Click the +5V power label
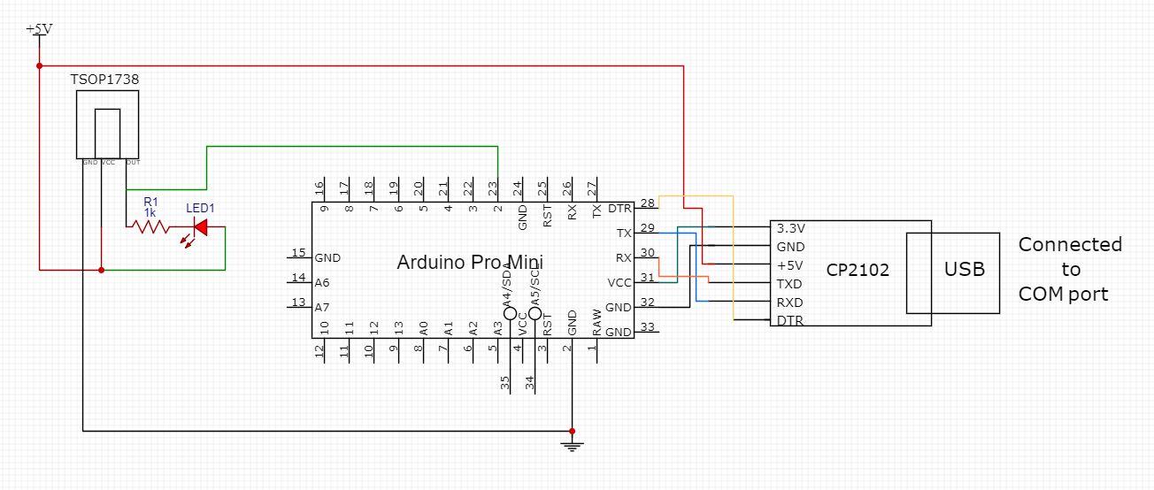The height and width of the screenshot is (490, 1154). pyautogui.click(x=39, y=29)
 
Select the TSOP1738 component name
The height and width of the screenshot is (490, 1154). pyautogui.click(x=104, y=80)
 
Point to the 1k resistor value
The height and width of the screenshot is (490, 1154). pyautogui.click(x=150, y=212)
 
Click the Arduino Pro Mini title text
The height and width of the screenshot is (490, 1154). pyautogui.click(x=469, y=262)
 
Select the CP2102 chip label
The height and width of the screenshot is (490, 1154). pyautogui.click(x=858, y=270)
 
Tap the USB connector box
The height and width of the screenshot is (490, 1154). pyautogui.click(x=964, y=269)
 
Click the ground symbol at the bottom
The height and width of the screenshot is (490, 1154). pyautogui.click(x=572, y=445)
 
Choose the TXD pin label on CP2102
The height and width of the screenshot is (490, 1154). pyautogui.click(x=789, y=284)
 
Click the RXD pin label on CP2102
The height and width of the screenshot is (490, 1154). pyautogui.click(x=789, y=302)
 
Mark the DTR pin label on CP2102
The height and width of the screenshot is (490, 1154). pyautogui.click(x=789, y=320)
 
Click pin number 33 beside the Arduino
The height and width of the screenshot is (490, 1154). pyautogui.click(x=646, y=326)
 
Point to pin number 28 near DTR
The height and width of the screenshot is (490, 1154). pyautogui.click(x=646, y=203)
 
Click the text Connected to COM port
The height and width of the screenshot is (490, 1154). pyautogui.click(x=1069, y=269)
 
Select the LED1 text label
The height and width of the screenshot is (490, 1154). pyautogui.click(x=200, y=208)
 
